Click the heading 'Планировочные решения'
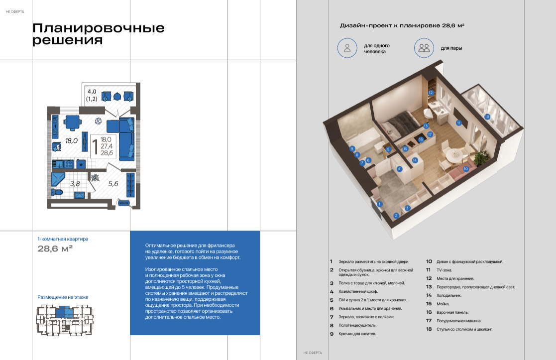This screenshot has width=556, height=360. click(x=99, y=34)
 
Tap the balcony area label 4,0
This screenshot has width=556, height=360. click(x=92, y=92)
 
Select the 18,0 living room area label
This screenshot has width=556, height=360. click(x=71, y=141)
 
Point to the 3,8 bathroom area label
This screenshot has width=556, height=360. click(x=75, y=184)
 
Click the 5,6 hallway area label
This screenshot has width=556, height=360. click(x=113, y=184)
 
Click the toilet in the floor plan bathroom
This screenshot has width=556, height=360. click(x=57, y=192)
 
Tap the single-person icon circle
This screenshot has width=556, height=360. click(x=347, y=48)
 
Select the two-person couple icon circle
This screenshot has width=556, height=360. click(x=424, y=48)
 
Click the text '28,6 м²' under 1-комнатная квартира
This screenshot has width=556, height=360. click(x=55, y=248)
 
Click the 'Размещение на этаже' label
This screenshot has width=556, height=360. click(x=63, y=297)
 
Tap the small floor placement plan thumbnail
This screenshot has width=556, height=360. click(x=65, y=320)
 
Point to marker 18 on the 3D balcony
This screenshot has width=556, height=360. click(x=487, y=117)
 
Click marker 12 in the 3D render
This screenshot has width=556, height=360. click(x=431, y=93)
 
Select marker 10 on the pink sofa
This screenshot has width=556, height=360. click(x=465, y=169)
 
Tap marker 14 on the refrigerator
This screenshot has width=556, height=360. click(x=415, y=160)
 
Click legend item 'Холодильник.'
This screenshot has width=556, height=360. click(x=449, y=295)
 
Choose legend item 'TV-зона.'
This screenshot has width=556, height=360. click(x=445, y=270)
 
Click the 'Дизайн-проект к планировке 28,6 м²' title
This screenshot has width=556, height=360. click(x=402, y=25)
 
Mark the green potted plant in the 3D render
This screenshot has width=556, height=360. click(x=481, y=157)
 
